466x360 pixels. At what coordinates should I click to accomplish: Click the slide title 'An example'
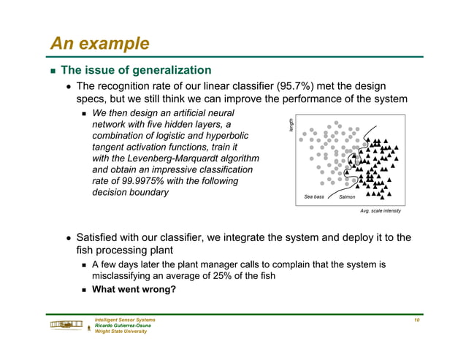99,43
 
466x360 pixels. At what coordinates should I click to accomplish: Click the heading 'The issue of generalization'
136,71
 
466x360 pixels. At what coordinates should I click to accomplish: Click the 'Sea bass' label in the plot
314,196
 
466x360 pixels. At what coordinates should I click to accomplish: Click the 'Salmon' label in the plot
347,196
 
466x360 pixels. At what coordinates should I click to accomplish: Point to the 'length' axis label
290,125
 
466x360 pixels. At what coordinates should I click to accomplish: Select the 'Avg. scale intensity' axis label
381,211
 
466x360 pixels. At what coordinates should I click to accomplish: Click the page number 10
416,321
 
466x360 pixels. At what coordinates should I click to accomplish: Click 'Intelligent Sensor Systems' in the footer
125,321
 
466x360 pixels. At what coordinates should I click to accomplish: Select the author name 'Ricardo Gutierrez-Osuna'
122,326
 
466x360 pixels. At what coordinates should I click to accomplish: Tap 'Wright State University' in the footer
121,331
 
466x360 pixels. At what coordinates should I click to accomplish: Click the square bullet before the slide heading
53,72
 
